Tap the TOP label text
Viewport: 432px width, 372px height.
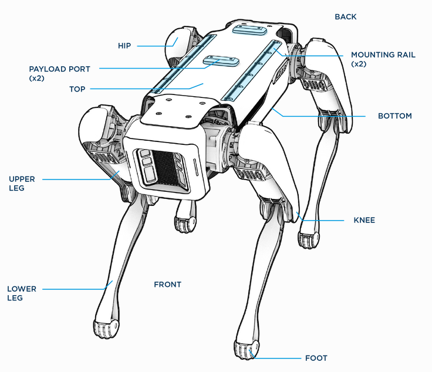(77, 89)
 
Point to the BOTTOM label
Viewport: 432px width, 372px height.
(394, 116)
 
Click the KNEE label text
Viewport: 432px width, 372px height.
(364, 221)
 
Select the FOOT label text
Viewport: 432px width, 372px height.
(316, 358)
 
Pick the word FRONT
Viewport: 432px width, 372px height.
(167, 285)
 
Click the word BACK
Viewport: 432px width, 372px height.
(345, 17)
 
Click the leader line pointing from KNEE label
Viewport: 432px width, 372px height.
(323, 221)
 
